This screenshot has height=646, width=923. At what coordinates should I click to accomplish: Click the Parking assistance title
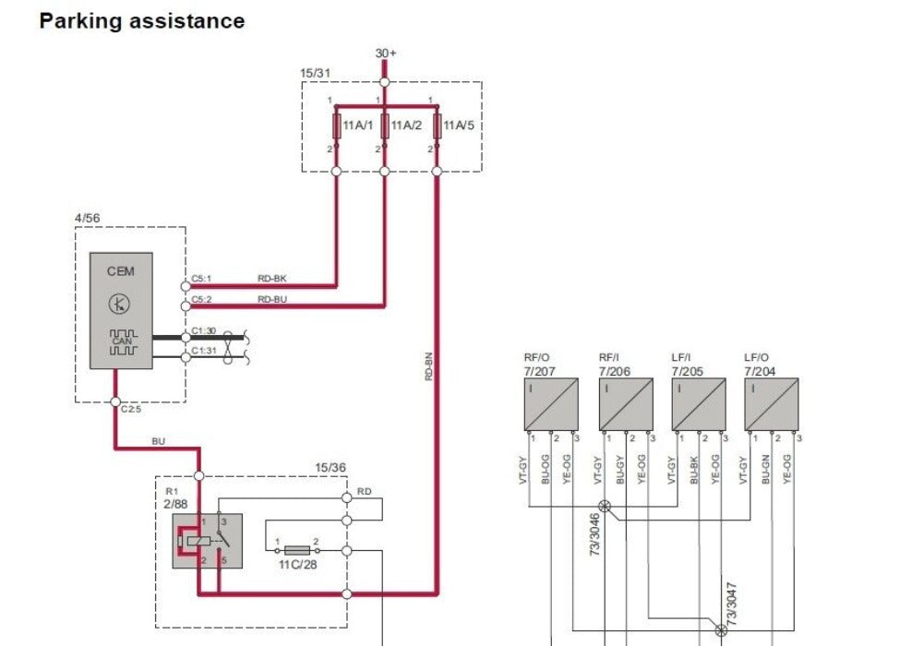click(142, 21)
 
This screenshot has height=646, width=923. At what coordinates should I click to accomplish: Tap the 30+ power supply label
click(386, 54)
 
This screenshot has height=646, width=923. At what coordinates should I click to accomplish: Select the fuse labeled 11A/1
click(336, 125)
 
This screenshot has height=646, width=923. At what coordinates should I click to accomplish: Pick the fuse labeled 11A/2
click(385, 125)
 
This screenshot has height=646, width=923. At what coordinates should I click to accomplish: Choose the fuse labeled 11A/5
click(438, 125)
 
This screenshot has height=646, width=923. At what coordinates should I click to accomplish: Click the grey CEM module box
click(121, 311)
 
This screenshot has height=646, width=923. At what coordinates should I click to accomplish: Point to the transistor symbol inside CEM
click(120, 303)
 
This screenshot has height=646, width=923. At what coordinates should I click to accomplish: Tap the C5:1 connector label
click(201, 278)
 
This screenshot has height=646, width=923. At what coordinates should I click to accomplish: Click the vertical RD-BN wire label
click(429, 366)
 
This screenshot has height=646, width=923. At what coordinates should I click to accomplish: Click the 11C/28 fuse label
click(297, 562)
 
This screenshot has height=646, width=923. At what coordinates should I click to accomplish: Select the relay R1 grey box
click(207, 541)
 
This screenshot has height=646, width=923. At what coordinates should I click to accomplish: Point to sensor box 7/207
click(551, 404)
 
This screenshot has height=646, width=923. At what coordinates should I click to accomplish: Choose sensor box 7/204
click(772, 404)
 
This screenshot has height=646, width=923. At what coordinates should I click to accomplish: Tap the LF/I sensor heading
click(681, 358)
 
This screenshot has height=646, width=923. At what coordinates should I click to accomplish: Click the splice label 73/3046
click(596, 532)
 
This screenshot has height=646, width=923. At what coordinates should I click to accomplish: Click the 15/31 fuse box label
click(316, 72)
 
